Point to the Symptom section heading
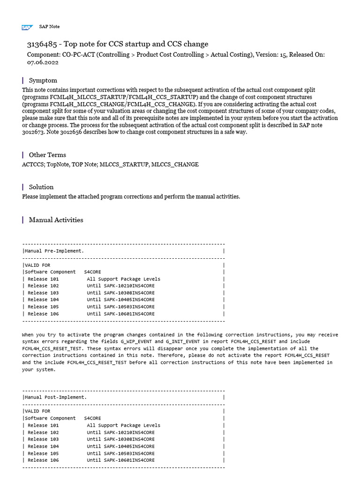point(43,81)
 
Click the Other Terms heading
point(47,155)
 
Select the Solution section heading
point(41,187)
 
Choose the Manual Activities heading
point(56,219)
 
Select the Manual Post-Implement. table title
point(56,397)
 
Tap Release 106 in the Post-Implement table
point(43,460)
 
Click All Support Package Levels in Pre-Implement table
point(123,279)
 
